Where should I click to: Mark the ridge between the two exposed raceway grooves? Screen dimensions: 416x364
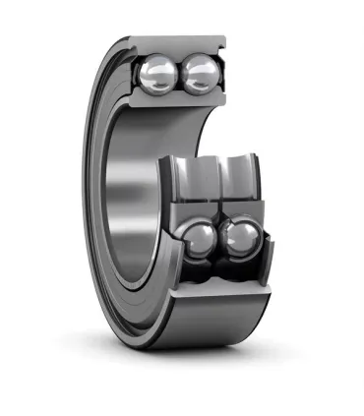tap(217, 178)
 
